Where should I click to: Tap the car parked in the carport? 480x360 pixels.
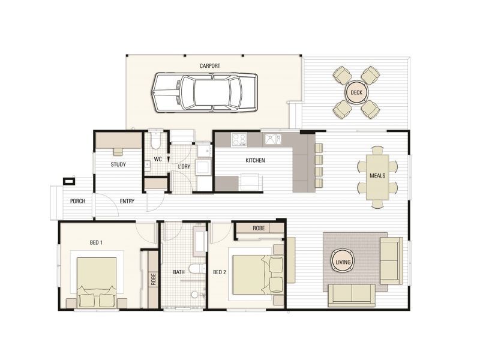pos(204,92)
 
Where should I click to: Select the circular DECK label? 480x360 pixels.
pos(356,92)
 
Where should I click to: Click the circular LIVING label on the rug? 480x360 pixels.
pos(343,261)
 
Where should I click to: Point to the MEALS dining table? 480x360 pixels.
pos(377,175)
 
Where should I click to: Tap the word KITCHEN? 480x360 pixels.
pos(255,160)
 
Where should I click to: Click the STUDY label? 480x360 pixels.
pos(118,164)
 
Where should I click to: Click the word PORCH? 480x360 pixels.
pos(77,201)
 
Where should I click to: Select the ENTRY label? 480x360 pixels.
pos(127,201)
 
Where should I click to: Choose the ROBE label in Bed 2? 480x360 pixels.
pos(259,229)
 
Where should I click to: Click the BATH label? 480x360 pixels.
pos(179,272)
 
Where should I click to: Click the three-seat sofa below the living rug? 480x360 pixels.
pos(350,295)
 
